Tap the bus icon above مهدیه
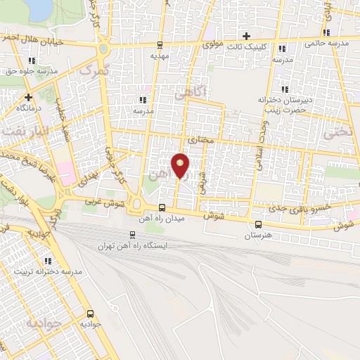tap(160, 44)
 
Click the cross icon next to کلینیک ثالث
tap(245, 36)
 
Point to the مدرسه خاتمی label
tap(326, 44)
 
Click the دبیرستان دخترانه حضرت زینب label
tap(284, 105)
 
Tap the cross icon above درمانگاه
tap(28, 97)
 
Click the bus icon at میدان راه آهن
tap(162, 208)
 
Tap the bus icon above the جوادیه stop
tap(90, 314)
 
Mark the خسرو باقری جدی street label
tap(282, 209)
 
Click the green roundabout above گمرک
tap(104, 49)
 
